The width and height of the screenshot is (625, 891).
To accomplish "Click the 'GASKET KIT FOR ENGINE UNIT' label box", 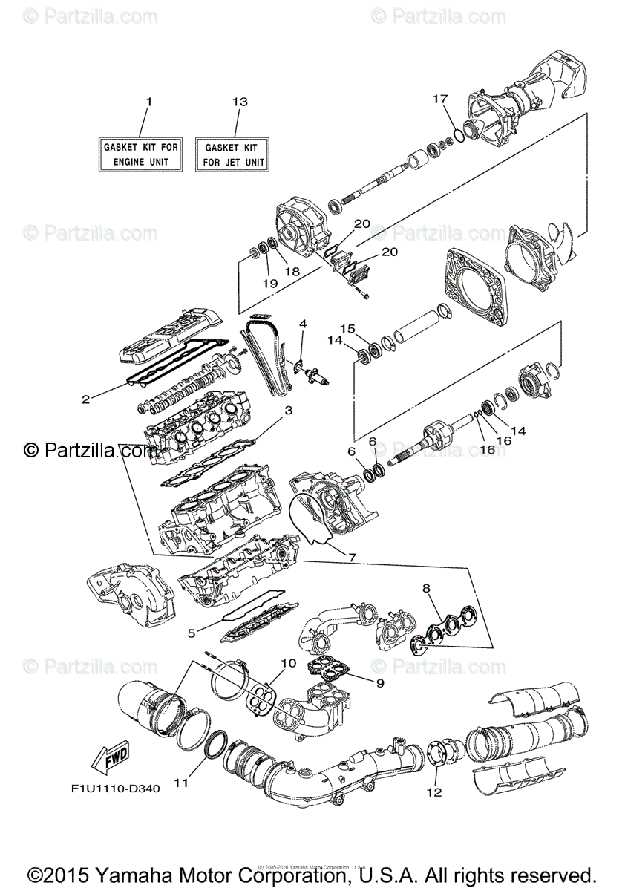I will [x=140, y=154].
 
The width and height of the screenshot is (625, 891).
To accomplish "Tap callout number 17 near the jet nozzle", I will [x=441, y=98].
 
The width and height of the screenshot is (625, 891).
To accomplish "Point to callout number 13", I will [x=238, y=101].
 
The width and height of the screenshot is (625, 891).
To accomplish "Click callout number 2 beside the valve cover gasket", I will [x=86, y=399].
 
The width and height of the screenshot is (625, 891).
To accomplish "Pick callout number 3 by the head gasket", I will [x=289, y=410].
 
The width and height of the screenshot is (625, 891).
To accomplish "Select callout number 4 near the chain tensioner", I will [x=302, y=324].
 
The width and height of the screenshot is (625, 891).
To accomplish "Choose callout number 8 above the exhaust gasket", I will [x=426, y=589].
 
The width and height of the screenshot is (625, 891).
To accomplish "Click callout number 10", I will [x=288, y=662].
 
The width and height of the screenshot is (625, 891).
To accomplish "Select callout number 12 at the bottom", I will [x=433, y=792].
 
